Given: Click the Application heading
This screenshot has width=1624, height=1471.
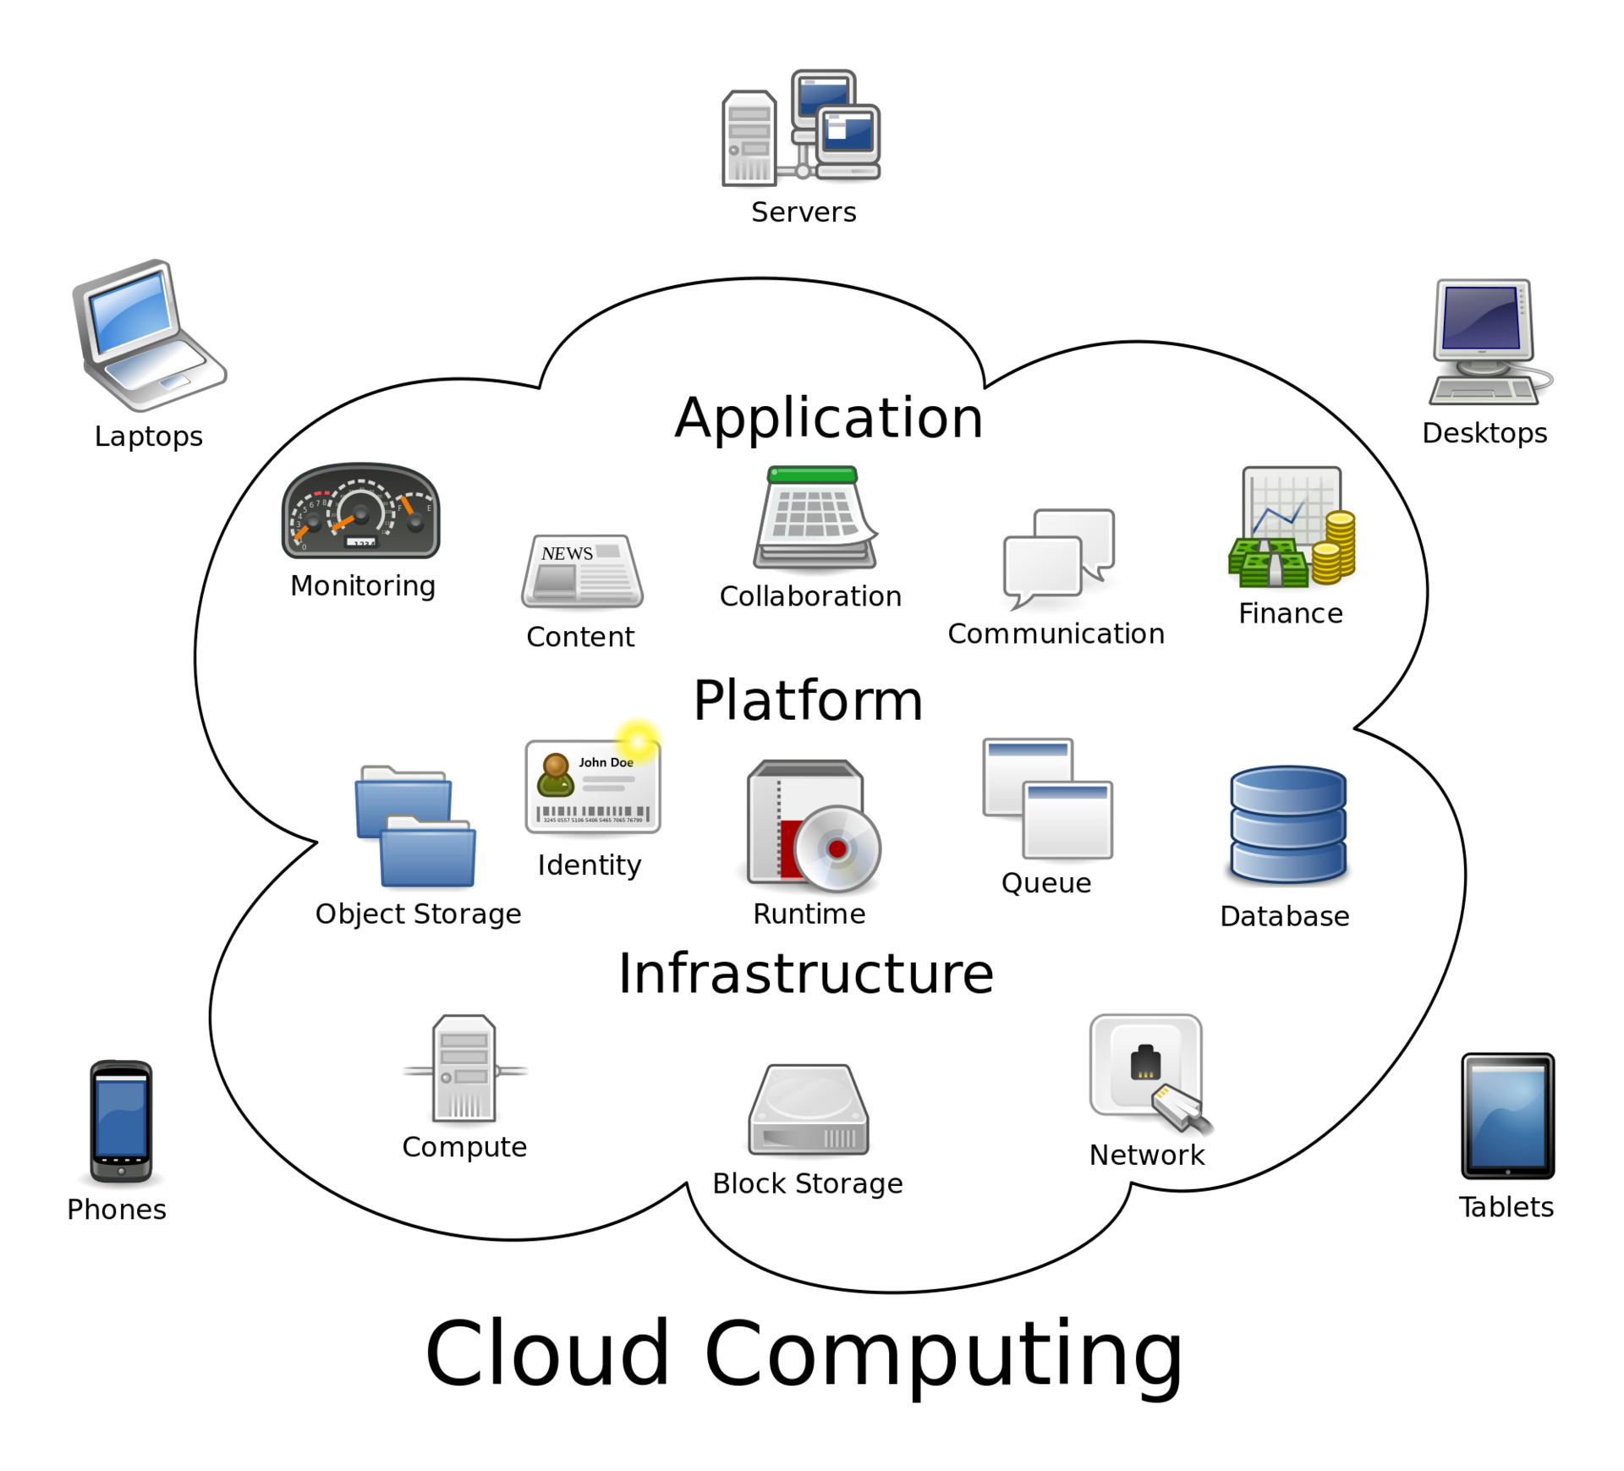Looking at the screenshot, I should [828, 418].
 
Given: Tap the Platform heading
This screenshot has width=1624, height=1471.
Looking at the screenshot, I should [808, 701].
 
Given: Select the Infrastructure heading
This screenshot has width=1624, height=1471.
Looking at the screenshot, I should [805, 974].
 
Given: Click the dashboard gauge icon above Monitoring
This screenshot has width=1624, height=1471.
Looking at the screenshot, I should [360, 511].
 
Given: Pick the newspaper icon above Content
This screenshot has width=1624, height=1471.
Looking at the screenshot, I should [582, 572].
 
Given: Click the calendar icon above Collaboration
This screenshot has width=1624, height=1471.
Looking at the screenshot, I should [815, 517].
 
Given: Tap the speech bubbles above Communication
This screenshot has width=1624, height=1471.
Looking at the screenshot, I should [1058, 554].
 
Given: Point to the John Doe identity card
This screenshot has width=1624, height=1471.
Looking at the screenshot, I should [592, 788].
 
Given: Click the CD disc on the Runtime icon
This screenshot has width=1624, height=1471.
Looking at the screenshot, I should [837, 848].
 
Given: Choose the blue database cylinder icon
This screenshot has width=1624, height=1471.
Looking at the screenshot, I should [1287, 824].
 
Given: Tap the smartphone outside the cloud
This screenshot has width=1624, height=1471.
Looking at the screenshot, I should [121, 1120].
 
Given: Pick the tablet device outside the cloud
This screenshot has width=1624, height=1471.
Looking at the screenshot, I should [1507, 1115].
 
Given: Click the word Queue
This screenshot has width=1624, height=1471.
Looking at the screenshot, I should [1045, 883].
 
